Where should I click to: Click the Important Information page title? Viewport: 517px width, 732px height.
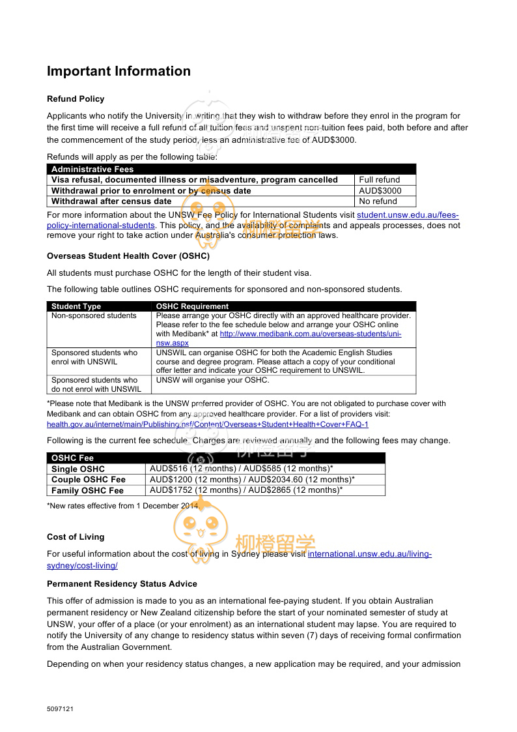[x=119, y=71]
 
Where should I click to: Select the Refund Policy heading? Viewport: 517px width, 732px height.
[x=76, y=99]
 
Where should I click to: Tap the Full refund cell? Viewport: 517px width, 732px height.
[x=380, y=179]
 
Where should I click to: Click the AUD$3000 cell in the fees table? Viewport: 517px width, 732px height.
[x=380, y=190]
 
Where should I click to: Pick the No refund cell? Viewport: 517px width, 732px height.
[x=378, y=201]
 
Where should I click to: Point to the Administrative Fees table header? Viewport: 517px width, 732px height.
[x=92, y=169]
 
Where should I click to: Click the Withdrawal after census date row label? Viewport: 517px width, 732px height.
[x=111, y=201]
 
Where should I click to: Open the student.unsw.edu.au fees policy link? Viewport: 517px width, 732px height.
[x=408, y=214]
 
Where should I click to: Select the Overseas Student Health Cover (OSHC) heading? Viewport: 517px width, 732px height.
[x=128, y=256]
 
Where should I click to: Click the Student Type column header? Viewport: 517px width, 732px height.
[x=76, y=306]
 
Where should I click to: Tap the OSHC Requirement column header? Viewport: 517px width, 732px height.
[x=193, y=306]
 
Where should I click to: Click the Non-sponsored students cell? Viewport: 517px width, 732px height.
[x=94, y=315]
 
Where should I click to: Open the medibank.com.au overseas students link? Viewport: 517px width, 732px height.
[x=310, y=334]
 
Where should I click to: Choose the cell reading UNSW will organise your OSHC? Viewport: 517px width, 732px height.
[x=212, y=380]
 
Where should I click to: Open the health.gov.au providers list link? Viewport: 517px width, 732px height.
[x=207, y=424]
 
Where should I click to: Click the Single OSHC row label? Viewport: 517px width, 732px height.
[x=78, y=469]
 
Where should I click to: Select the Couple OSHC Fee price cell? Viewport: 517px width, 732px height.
[x=252, y=480]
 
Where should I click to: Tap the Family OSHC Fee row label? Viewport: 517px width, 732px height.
[x=87, y=491]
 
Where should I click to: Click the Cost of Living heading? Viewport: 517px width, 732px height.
[x=76, y=537]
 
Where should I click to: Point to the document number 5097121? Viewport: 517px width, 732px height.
[x=60, y=709]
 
